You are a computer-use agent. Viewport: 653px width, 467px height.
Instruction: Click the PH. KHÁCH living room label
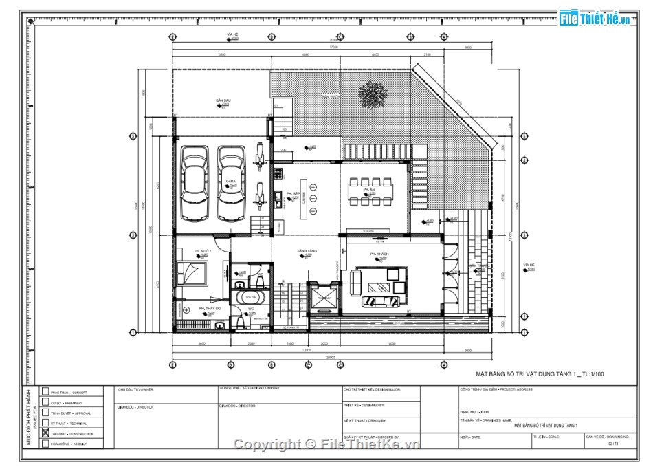pos(379,254)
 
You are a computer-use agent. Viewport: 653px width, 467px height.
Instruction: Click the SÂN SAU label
pos(223,100)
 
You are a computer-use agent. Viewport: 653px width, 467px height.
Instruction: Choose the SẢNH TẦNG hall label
pos(307,251)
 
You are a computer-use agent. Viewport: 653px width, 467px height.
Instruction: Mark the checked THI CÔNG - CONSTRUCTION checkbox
pos(45,434)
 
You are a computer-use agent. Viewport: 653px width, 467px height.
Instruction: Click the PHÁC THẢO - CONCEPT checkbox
pos(45,391)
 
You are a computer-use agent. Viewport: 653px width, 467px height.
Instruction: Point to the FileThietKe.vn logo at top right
pos(595,19)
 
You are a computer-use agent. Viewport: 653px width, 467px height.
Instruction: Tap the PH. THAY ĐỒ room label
pos(208,309)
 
